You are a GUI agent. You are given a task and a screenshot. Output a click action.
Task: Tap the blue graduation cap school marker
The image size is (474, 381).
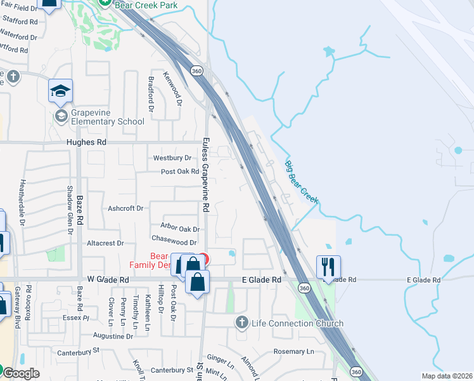(x=60, y=91)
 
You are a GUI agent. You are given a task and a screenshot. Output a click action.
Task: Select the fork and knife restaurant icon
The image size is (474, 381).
(x=328, y=267)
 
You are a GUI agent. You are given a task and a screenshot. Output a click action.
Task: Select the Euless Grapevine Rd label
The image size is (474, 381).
(x=205, y=175)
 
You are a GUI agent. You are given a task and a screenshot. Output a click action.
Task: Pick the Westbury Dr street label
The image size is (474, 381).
(x=172, y=157)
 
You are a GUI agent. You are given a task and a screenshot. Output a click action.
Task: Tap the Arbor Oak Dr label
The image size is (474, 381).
(x=180, y=229)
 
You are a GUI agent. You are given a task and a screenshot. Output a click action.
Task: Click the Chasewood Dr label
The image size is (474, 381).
(x=175, y=243)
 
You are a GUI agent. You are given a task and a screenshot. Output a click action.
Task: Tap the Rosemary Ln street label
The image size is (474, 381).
(x=293, y=351)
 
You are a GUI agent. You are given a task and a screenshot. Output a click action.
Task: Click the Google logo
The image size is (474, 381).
(x=20, y=373)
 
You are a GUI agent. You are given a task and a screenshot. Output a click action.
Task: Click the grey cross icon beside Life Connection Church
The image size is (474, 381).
(x=241, y=323)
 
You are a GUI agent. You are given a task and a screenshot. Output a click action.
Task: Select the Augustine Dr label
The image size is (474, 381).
(x=113, y=336)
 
